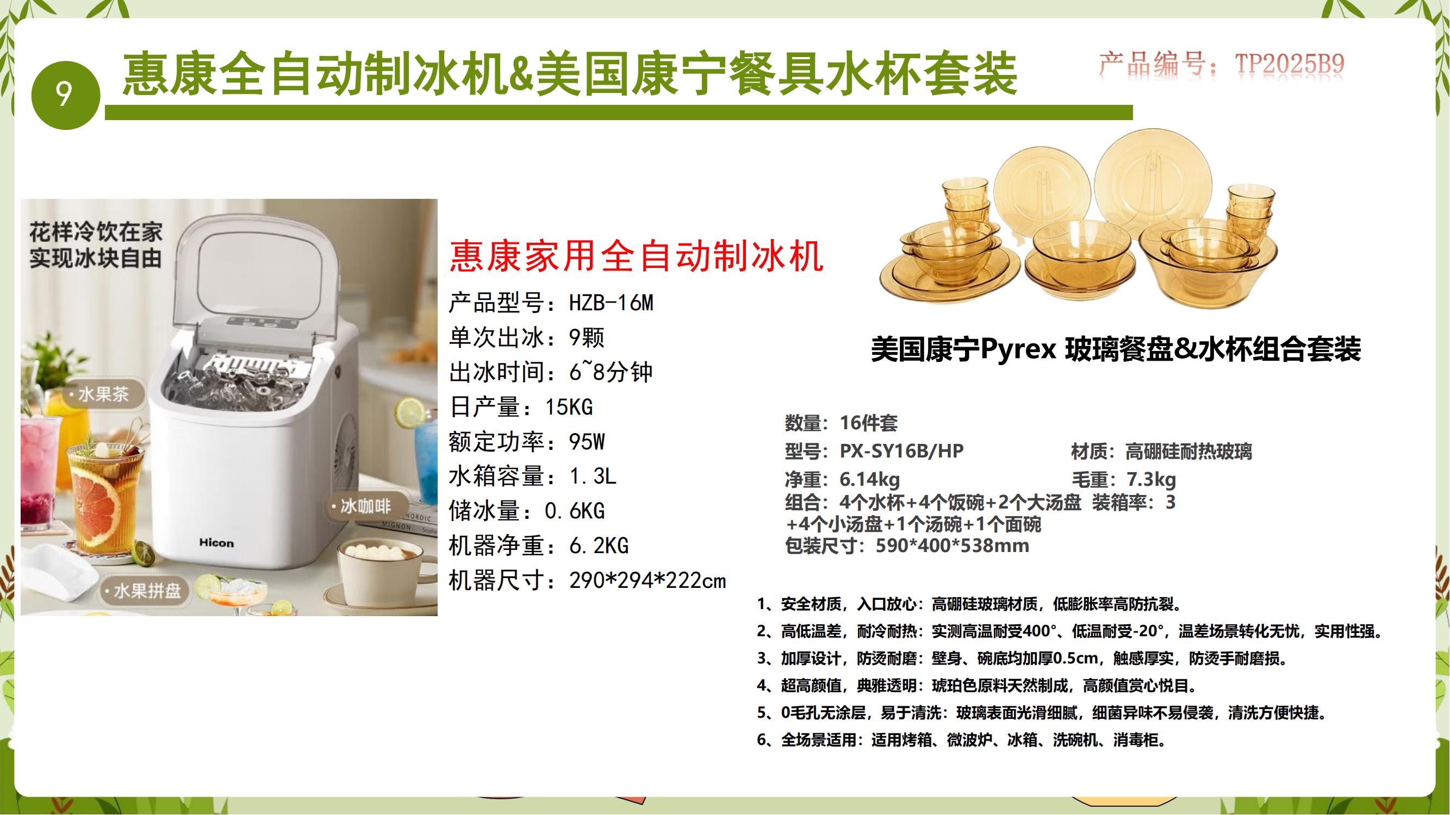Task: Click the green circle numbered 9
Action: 65,95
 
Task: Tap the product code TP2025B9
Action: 1290,64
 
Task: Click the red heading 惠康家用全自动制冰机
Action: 637,256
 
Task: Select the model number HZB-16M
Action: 611,303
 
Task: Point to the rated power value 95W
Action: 587,442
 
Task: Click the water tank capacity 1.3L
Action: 593,477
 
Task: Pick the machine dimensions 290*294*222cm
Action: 648,580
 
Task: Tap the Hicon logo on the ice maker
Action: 216,543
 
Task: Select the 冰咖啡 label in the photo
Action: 366,506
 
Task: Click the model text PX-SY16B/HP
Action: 902,451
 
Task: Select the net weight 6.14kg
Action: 870,480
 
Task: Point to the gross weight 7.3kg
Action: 1151,480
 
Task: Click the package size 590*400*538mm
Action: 953,546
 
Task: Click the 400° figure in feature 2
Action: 1037,631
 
